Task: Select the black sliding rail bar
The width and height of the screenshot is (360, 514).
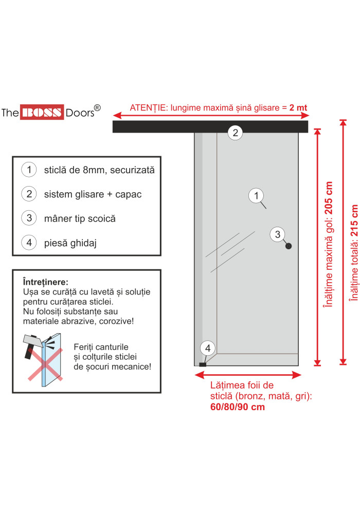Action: click(210, 126)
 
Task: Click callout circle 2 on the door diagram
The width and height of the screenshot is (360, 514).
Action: click(235, 133)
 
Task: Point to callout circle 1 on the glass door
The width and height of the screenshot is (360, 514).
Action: click(256, 195)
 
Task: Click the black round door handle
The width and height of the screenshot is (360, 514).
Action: click(289, 246)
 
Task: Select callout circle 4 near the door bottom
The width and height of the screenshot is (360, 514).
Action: click(208, 348)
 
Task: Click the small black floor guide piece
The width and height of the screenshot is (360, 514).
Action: click(202, 364)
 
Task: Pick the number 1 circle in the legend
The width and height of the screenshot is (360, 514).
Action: click(29, 170)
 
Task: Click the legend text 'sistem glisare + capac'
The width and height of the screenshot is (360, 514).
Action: click(93, 194)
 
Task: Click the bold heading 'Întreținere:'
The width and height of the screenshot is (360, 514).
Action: click(46, 282)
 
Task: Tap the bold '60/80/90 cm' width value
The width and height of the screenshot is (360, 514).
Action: click(238, 407)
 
